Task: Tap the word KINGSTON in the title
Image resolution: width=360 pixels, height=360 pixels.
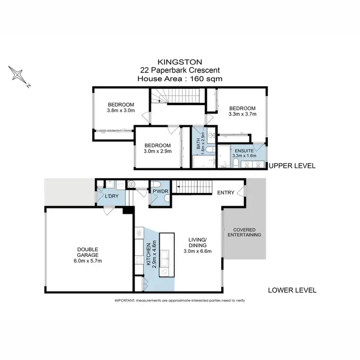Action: [x=180, y=62]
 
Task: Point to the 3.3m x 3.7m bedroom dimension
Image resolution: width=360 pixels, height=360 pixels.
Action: [x=242, y=114]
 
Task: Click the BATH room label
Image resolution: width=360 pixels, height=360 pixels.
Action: [x=197, y=143]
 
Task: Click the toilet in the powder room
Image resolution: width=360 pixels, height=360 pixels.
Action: [x=156, y=185]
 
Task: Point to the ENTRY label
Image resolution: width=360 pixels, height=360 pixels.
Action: [x=226, y=193]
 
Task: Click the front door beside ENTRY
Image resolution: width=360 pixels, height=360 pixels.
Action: [x=244, y=193]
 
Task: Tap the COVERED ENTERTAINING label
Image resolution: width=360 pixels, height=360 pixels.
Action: [x=244, y=232]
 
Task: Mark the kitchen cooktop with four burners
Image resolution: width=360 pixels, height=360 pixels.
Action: [x=139, y=234]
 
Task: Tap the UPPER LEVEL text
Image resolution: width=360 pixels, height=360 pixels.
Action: [x=292, y=166]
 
